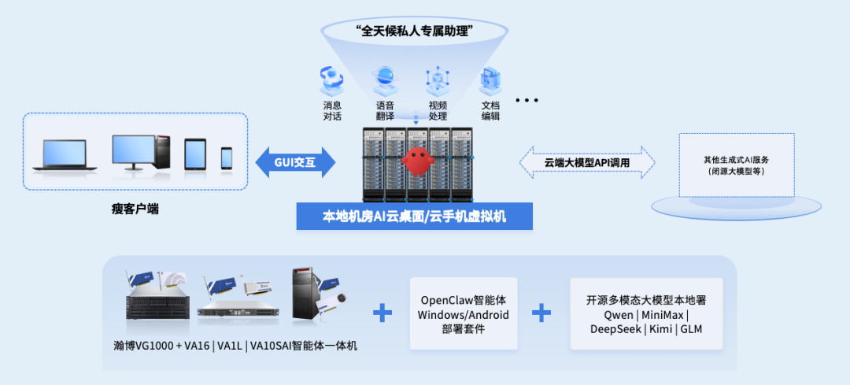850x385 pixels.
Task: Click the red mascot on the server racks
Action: click(417, 161)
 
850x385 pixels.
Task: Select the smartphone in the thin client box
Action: click(227, 158)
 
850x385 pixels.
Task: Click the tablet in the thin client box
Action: click(194, 155)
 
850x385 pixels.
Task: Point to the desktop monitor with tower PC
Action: click(140, 152)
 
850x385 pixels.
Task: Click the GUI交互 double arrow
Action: click(295, 163)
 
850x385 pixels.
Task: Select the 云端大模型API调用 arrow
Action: click(587, 163)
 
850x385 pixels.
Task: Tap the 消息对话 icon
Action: click(331, 81)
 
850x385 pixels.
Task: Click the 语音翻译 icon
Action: click(385, 79)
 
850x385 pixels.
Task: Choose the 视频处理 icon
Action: click(438, 80)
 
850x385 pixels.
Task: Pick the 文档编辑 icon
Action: click(490, 82)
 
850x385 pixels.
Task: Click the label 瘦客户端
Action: click(135, 210)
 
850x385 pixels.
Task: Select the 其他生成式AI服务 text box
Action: click(737, 165)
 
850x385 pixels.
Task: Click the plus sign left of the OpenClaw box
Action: click(382, 313)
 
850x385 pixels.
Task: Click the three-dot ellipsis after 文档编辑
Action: click(526, 101)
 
